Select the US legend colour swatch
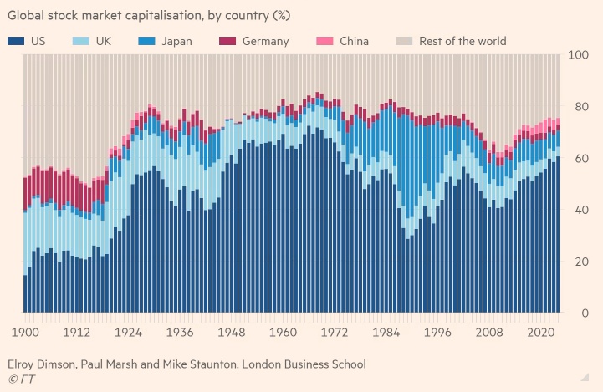point(15,41)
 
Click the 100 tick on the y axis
point(579,55)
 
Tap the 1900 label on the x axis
point(24,333)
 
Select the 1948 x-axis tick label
point(230,333)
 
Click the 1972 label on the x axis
point(334,333)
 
